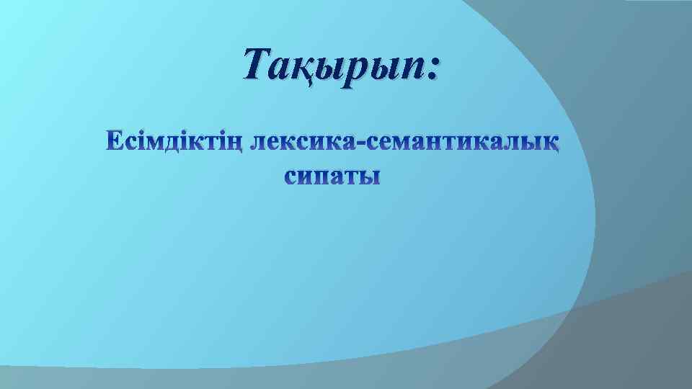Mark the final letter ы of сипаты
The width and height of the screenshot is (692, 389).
point(371,177)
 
